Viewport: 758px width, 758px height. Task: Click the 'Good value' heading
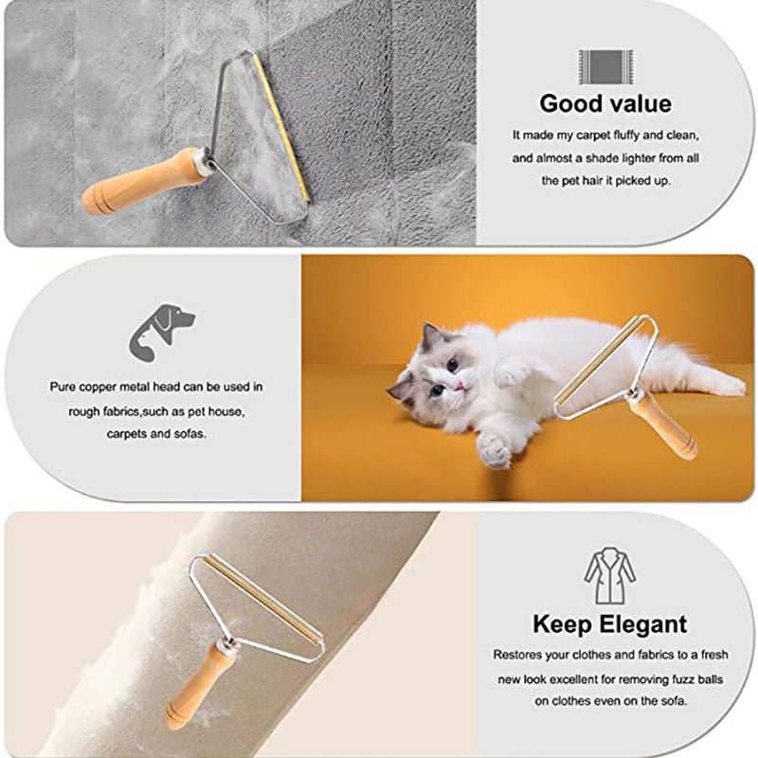[x=605, y=103]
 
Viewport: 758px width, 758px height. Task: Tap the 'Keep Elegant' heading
[x=609, y=624]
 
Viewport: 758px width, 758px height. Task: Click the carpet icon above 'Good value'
[x=605, y=65]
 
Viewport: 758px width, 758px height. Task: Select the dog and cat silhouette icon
[x=161, y=331]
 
